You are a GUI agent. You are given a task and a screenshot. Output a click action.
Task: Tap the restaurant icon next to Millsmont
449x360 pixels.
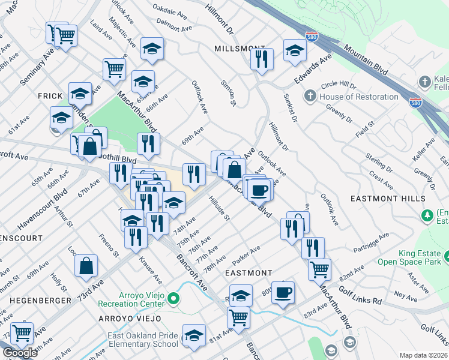261,59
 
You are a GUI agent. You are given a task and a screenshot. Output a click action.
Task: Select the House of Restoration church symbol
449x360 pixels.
310,96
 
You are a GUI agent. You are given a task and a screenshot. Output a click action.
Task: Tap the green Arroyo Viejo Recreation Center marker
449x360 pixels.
173,298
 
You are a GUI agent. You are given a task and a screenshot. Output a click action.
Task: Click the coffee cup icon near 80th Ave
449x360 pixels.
283,293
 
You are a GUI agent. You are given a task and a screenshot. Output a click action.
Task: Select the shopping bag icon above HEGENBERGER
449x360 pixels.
86,265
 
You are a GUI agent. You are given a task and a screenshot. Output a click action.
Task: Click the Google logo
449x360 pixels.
20,353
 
